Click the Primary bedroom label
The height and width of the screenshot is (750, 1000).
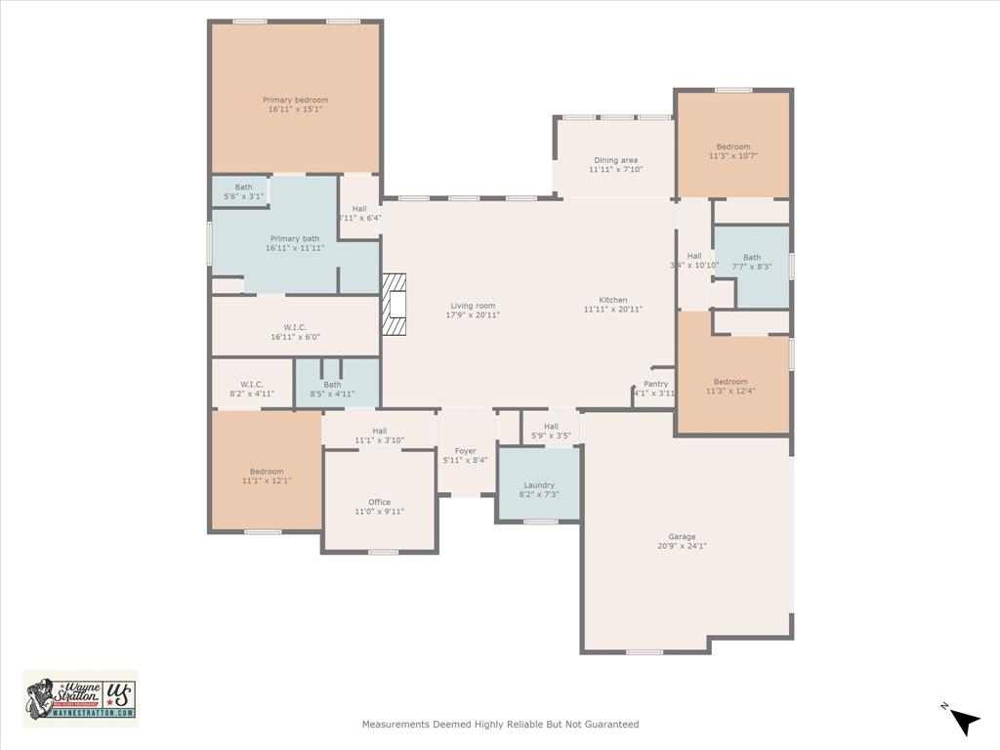[x=295, y=100]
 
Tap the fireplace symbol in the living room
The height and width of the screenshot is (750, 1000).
[x=394, y=305]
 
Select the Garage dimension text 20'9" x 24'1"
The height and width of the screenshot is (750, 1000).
[x=682, y=546]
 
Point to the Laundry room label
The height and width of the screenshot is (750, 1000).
[x=539, y=484]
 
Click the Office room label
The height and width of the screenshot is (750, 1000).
[x=379, y=502]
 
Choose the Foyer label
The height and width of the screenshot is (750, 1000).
[x=466, y=451]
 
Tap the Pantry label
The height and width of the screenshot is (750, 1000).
[x=656, y=384]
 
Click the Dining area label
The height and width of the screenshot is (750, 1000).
[x=615, y=160]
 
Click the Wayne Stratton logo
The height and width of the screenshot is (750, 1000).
[x=80, y=698]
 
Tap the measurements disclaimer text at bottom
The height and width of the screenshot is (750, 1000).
[x=500, y=725]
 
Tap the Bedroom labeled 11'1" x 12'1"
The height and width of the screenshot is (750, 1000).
[x=267, y=472]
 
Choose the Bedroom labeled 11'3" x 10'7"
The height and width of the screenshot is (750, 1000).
[x=733, y=146]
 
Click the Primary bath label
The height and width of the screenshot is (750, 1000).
[x=294, y=238]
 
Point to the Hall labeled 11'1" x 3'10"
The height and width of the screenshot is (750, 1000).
[x=379, y=431]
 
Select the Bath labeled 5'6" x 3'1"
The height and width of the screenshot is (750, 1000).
[x=243, y=187]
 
